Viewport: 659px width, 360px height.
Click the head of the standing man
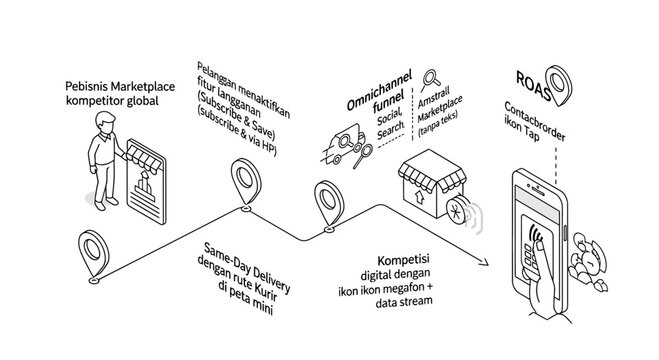[x=102, y=123]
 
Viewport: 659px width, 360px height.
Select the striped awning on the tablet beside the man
[x=140, y=162]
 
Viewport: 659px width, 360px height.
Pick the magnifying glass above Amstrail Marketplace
[x=433, y=76]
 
